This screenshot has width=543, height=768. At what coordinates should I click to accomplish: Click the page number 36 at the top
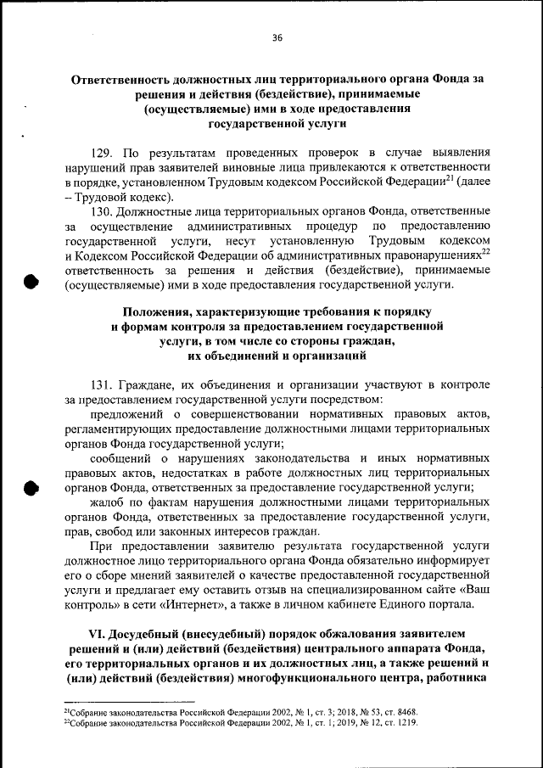point(277,37)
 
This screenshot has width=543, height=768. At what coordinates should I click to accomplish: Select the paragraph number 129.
point(103,153)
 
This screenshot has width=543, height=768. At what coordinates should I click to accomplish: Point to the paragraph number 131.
point(103,384)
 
